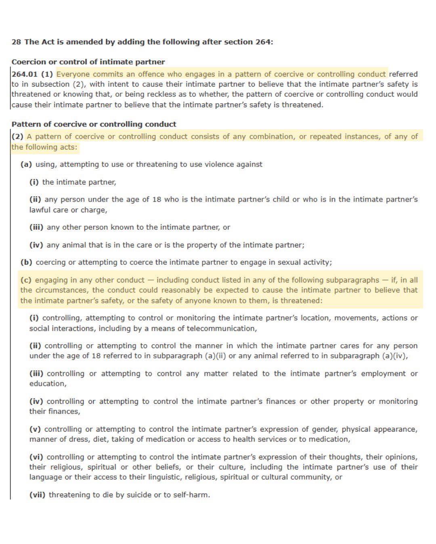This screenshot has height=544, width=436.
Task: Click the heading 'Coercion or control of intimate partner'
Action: click(88, 62)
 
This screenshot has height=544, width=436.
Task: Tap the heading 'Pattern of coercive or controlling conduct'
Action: click(94, 124)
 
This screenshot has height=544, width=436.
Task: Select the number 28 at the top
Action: click(16, 42)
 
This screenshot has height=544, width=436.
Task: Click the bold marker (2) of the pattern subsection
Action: click(17, 137)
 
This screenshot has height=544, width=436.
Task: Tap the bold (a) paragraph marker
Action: click(26, 164)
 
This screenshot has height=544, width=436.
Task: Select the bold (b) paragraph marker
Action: click(26, 262)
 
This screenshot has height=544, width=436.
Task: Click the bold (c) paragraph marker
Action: click(26, 280)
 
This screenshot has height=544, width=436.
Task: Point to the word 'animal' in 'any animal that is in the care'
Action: click(74, 245)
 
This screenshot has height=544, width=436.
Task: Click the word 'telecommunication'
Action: click(222, 328)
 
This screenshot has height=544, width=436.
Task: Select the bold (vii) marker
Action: click(37, 495)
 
